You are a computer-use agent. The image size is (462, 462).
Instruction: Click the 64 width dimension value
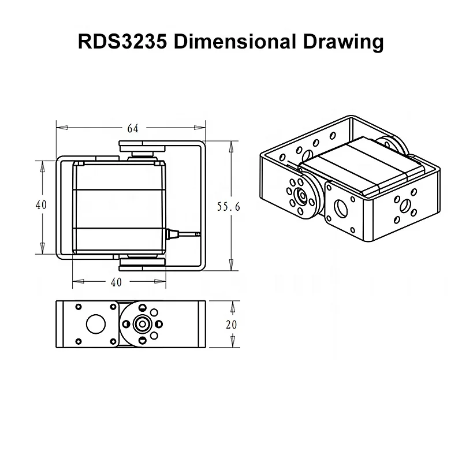coord(132,128)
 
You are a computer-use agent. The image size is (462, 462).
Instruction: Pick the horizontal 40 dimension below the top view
coord(115,282)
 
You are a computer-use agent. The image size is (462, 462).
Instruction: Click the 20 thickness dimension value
coord(231,325)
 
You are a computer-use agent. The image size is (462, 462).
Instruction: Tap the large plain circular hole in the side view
coord(94,323)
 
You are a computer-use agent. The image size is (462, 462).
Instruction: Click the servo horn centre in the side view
coord(140,324)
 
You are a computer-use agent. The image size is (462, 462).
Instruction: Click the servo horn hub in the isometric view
coord(301,195)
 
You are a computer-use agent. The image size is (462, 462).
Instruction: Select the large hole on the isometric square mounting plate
coord(340,207)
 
